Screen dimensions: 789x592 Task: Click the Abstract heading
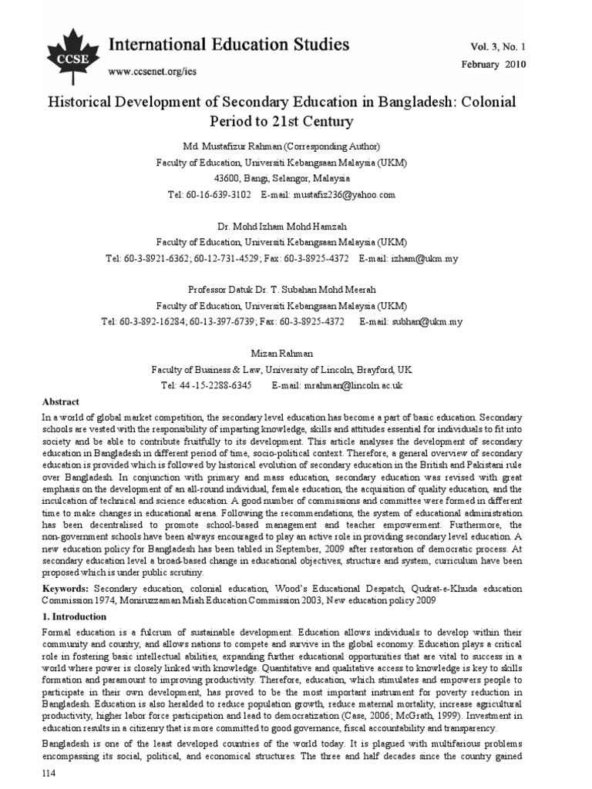[x=62, y=402]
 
